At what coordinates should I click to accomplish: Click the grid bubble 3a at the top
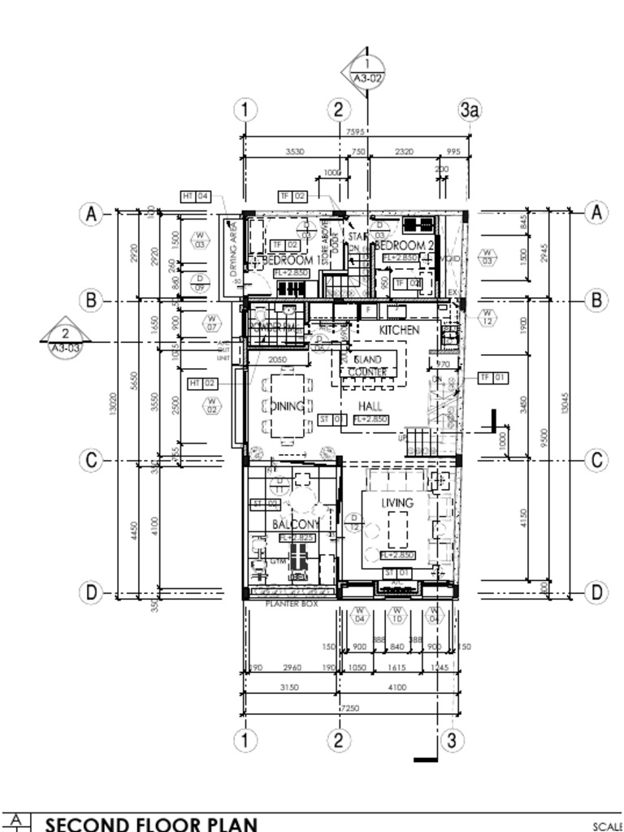point(470,110)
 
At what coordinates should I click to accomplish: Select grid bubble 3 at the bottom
point(452,739)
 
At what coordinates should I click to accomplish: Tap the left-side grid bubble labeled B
point(92,301)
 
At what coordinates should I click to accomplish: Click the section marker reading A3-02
point(367,71)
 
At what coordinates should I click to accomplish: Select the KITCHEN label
point(399,331)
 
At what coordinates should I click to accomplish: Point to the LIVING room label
point(397,503)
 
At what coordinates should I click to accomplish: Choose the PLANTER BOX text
point(292,604)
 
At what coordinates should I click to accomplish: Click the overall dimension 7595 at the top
point(354,132)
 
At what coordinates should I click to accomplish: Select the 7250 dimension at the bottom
point(349,708)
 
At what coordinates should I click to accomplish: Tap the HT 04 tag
point(196,197)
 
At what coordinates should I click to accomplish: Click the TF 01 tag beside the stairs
point(493,377)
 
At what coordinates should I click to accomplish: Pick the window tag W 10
point(397,615)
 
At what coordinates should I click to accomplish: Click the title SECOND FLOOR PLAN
point(151,824)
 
